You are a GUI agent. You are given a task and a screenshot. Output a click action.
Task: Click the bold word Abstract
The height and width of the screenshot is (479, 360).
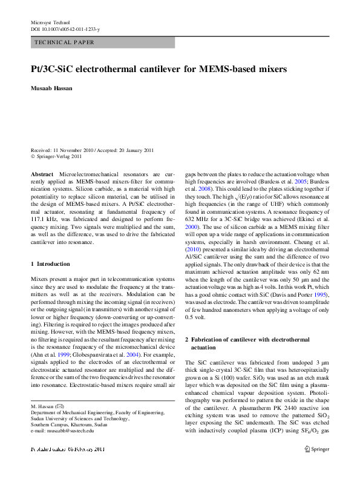coord(42,174)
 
